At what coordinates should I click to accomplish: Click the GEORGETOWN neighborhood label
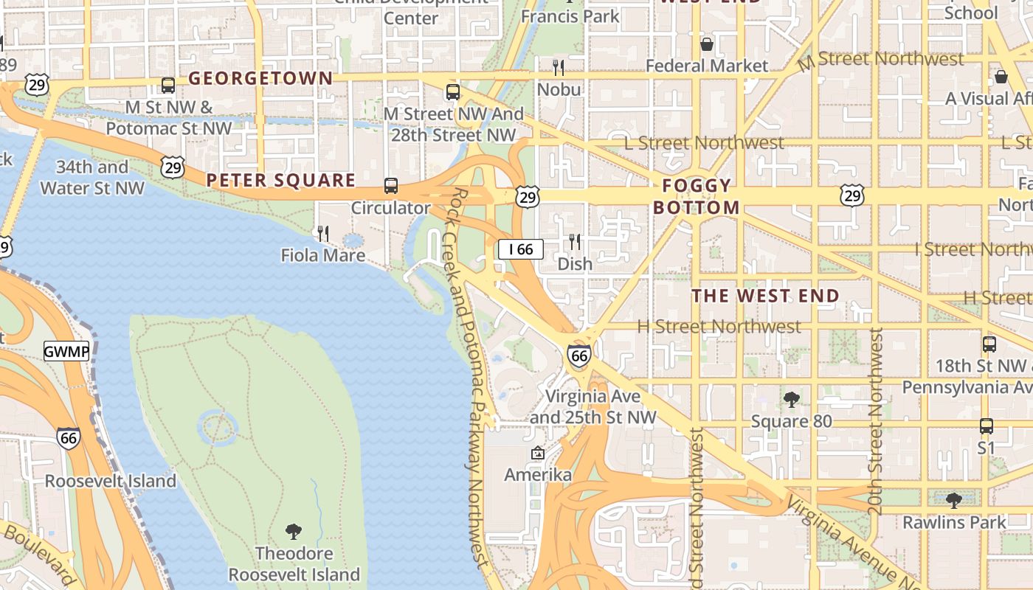(x=260, y=78)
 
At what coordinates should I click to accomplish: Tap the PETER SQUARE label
(x=280, y=180)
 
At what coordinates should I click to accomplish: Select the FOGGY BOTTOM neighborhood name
(x=697, y=196)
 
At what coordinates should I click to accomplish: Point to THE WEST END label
(x=765, y=296)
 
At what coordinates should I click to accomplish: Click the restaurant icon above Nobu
(x=559, y=68)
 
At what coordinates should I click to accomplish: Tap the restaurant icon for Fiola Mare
(x=323, y=234)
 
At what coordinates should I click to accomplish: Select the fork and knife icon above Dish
(x=575, y=242)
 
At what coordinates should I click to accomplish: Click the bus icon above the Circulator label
(x=390, y=186)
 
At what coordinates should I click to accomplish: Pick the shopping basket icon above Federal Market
(x=707, y=44)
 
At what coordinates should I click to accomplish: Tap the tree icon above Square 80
(x=791, y=400)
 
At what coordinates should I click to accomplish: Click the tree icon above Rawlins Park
(x=954, y=501)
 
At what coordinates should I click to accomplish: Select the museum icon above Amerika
(x=537, y=453)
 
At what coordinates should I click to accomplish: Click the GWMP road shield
(x=66, y=352)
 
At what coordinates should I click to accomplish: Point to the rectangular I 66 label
(x=521, y=249)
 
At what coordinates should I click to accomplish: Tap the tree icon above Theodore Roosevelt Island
(x=294, y=531)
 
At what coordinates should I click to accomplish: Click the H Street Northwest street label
(x=719, y=326)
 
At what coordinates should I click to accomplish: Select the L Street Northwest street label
(x=704, y=142)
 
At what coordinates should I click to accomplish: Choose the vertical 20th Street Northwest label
(x=875, y=422)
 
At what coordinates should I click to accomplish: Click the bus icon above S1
(x=986, y=426)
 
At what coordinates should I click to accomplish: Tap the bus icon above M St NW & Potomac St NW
(x=168, y=86)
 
